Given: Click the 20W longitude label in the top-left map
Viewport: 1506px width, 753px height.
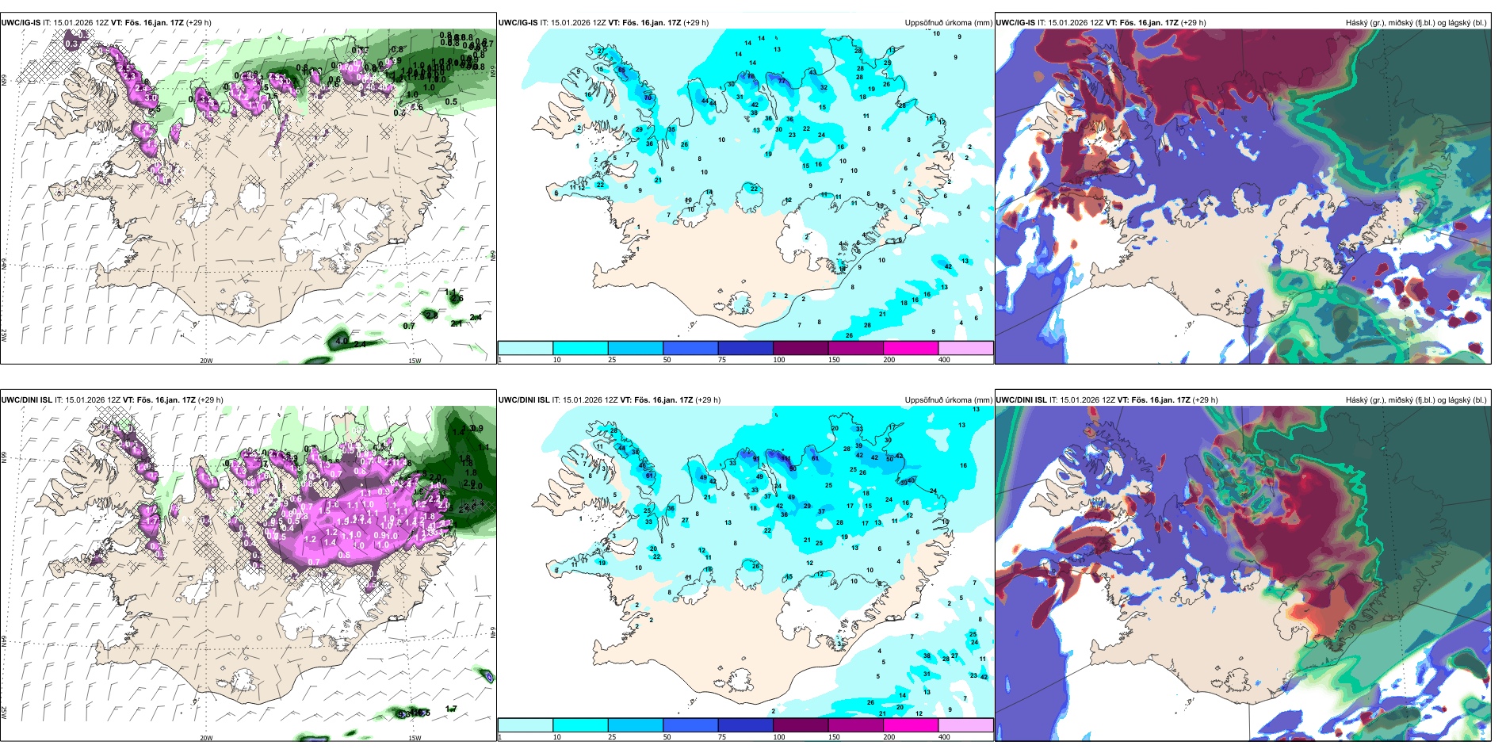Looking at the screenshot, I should [206, 361].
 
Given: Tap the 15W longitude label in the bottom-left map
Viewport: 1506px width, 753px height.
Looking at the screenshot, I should [415, 738].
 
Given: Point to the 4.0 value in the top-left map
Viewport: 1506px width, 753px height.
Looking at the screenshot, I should [342, 341].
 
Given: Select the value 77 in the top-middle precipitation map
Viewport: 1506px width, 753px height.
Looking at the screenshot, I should [782, 81].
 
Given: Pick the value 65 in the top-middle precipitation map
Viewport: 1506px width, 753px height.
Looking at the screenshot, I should [621, 71].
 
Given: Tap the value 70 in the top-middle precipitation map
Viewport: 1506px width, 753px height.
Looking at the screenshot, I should [648, 98].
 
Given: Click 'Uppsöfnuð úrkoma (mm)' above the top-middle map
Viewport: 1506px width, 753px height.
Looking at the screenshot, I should [948, 23].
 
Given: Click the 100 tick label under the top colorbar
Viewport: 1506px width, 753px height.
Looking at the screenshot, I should [779, 360].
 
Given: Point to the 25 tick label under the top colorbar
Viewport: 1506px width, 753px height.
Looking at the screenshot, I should [612, 360].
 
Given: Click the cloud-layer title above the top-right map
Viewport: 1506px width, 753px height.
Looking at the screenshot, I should [1416, 23].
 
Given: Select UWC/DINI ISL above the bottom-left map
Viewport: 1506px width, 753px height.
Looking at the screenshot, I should [26, 400].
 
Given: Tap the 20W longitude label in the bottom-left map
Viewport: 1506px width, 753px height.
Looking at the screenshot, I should [206, 738].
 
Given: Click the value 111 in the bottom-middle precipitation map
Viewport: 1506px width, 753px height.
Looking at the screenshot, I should [785, 458].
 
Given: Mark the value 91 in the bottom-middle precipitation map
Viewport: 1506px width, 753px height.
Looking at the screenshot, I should [756, 459].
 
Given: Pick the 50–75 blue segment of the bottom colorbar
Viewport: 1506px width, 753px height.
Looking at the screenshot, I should [690, 725].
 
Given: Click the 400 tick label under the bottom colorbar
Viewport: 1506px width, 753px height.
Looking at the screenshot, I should [944, 737].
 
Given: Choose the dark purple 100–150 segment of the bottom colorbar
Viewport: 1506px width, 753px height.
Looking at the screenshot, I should [800, 725].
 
